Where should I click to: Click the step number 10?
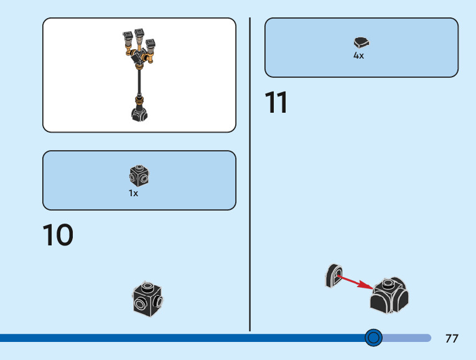point(58,235)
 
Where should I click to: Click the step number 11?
point(276,103)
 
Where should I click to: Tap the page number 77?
point(452,339)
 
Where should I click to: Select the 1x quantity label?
point(134,193)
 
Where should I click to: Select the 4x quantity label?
point(359,55)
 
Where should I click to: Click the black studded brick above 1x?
point(140,176)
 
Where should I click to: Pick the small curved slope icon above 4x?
point(362,43)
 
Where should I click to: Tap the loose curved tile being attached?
point(334,276)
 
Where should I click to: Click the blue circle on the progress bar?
point(373,338)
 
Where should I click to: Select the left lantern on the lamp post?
point(128,37)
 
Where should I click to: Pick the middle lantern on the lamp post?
point(138,34)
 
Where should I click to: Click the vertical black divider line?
point(250,174)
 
